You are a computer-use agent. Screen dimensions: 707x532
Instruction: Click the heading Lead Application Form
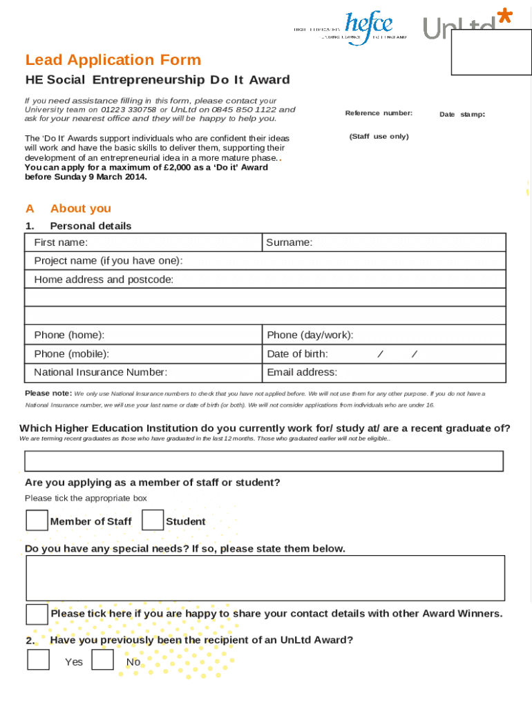(113, 60)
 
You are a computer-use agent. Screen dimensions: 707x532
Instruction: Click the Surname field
(408, 242)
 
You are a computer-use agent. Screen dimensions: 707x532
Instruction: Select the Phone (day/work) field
(428, 335)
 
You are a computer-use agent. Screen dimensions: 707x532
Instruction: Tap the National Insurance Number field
(214, 373)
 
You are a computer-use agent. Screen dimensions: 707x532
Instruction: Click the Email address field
(421, 373)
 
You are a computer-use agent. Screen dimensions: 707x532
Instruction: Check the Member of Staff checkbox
(37, 521)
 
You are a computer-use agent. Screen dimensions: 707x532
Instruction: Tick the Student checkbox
(153, 521)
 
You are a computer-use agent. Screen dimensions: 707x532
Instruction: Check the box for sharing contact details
(37, 614)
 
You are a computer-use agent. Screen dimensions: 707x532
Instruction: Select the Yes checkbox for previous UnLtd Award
(38, 660)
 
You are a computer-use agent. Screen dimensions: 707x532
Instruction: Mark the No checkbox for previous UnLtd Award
(103, 660)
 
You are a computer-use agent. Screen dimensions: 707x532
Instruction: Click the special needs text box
(265, 578)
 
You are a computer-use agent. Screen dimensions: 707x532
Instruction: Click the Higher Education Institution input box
(264, 461)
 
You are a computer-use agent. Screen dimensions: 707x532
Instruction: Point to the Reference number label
(379, 113)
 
